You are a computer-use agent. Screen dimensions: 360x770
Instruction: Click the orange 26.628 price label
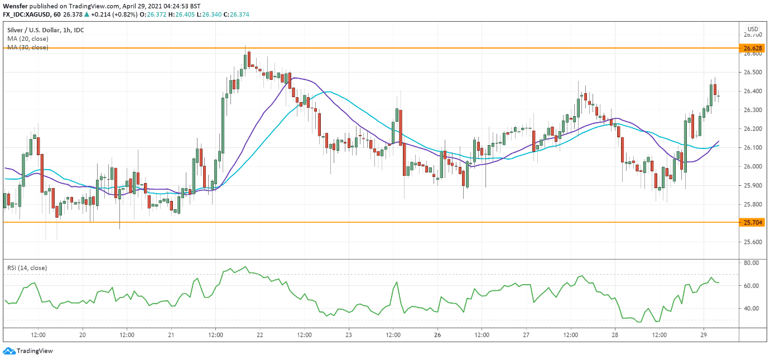(x=753, y=49)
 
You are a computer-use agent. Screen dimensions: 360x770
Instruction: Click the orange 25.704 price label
(x=753, y=222)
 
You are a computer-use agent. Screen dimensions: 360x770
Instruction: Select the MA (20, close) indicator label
(x=28, y=39)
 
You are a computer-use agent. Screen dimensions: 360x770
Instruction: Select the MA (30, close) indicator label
(x=28, y=47)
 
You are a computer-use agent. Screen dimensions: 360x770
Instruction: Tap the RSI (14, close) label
(x=27, y=268)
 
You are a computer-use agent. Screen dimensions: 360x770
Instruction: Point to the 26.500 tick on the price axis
(x=753, y=73)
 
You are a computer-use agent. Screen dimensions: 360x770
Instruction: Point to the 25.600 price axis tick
(x=753, y=242)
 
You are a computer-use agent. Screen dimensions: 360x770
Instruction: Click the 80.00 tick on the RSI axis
(x=751, y=262)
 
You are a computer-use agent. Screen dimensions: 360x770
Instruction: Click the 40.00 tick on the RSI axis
(x=751, y=309)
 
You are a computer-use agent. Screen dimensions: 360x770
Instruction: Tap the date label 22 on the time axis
(x=260, y=335)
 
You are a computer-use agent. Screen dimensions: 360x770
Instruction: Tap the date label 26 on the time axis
(x=437, y=335)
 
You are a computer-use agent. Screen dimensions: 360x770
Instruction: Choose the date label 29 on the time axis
(x=704, y=335)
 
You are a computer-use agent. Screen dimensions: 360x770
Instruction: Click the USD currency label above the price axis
(x=753, y=29)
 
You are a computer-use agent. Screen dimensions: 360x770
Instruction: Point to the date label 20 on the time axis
(x=83, y=335)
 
